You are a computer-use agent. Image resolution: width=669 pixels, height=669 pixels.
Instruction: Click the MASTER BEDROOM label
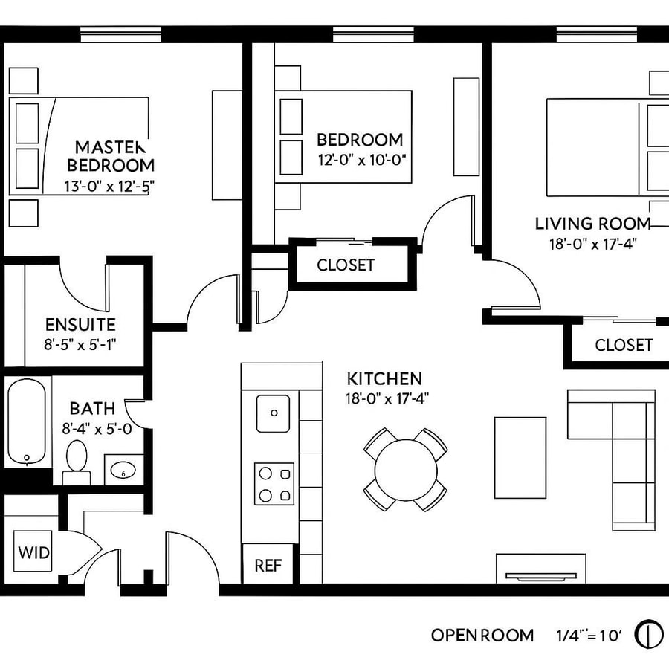click(111, 155)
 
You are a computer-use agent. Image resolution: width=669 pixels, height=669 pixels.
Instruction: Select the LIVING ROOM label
click(592, 223)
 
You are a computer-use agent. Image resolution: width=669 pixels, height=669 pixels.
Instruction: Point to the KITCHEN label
click(384, 378)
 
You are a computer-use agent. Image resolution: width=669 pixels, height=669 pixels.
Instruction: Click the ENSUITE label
click(80, 324)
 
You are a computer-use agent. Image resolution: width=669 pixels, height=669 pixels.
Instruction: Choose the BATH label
click(92, 408)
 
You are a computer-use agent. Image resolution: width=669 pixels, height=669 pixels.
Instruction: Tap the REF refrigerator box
click(268, 565)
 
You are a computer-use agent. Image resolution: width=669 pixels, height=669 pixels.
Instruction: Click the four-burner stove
click(274, 484)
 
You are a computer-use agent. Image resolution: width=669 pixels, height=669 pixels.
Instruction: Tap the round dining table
click(405, 470)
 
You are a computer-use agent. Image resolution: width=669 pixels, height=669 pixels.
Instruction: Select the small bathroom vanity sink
click(123, 470)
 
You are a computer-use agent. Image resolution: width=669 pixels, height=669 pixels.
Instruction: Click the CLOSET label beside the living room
click(624, 345)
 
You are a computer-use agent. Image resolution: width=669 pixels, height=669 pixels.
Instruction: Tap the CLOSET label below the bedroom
click(346, 265)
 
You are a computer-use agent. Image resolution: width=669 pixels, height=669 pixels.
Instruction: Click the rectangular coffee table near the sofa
click(520, 457)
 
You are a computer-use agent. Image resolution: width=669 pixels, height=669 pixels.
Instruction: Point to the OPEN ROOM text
click(482, 635)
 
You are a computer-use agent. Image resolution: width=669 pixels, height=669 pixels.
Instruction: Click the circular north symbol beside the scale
click(649, 635)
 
